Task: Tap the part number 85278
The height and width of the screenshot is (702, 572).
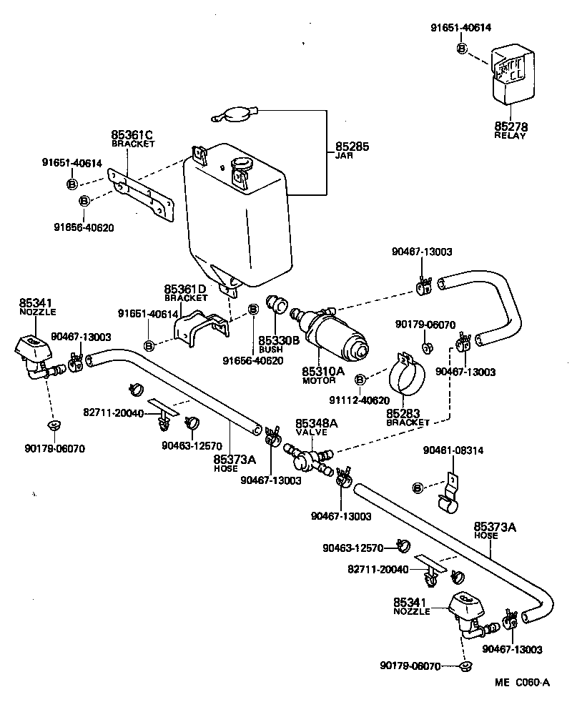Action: [510, 126]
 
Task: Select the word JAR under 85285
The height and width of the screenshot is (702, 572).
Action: [343, 155]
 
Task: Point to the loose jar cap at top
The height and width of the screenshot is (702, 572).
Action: [235, 114]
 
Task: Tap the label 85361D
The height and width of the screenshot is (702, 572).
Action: [185, 289]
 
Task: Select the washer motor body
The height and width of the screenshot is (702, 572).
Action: [335, 336]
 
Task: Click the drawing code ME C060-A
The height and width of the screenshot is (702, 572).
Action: [521, 683]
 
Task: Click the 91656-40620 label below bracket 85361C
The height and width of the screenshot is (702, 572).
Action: [84, 227]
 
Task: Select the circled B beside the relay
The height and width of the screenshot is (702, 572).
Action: [461, 48]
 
